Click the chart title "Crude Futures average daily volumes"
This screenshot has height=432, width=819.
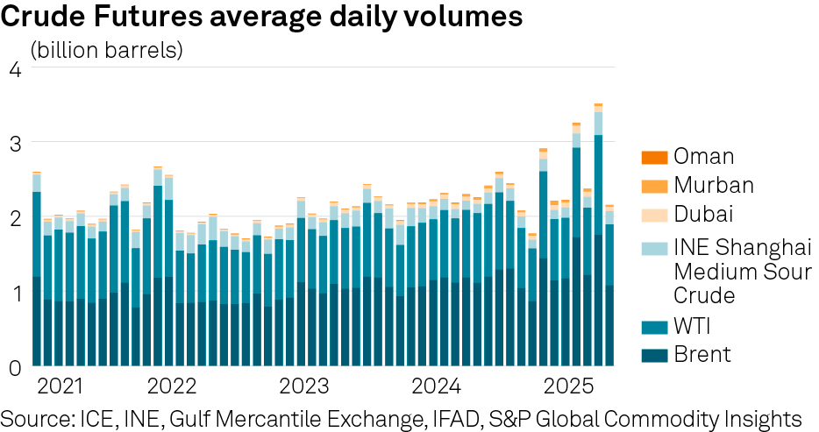[x=263, y=17]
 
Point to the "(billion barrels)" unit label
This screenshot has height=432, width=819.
[x=106, y=50]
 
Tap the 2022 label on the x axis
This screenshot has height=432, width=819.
[x=172, y=386]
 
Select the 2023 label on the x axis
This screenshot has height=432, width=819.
[x=303, y=386]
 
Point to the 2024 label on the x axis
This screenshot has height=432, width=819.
[x=436, y=386]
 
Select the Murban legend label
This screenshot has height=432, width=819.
[x=714, y=186]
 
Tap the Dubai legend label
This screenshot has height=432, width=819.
[x=704, y=215]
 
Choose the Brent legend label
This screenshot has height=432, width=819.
[x=701, y=355]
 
